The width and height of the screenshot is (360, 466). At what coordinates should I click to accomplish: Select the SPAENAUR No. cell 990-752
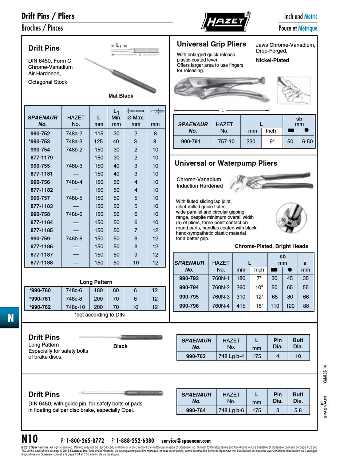tap(40, 134)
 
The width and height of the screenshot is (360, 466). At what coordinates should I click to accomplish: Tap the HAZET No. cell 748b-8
tap(74, 238)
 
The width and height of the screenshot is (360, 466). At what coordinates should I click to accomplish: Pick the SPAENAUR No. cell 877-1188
tap(41, 262)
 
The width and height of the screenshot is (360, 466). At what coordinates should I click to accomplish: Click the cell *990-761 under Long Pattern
tap(40, 299)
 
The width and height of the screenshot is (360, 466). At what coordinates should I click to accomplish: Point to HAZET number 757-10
tap(226, 141)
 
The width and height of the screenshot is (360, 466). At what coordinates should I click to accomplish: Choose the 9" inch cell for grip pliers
tap(272, 141)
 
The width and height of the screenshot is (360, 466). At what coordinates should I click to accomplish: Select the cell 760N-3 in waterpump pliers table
tap(221, 297)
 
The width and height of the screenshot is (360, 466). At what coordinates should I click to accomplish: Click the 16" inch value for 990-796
tap(259, 306)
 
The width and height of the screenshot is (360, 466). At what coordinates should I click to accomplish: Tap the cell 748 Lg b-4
tap(231, 356)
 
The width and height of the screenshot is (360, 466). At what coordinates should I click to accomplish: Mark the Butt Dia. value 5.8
tap(298, 410)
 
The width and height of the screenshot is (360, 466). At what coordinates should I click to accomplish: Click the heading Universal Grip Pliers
tap(211, 44)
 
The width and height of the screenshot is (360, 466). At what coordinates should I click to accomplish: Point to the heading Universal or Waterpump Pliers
tap(226, 163)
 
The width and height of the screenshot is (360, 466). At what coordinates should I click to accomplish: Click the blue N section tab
tap(10, 318)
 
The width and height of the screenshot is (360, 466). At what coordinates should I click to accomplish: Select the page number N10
tap(29, 439)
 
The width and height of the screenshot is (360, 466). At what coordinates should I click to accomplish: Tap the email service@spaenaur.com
tap(186, 441)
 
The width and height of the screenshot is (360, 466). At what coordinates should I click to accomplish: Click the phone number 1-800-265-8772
tap(85, 441)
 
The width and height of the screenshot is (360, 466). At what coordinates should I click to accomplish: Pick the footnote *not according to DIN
tap(99, 315)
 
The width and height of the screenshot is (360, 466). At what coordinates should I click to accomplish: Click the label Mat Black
tap(121, 96)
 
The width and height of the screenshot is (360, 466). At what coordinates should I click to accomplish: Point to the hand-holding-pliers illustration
tap(293, 90)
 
